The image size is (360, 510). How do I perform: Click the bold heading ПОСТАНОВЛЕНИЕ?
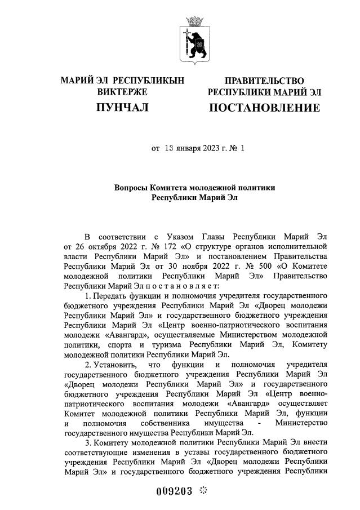click(x=264, y=107)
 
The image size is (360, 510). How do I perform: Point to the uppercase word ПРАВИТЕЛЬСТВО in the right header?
click(x=264, y=81)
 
